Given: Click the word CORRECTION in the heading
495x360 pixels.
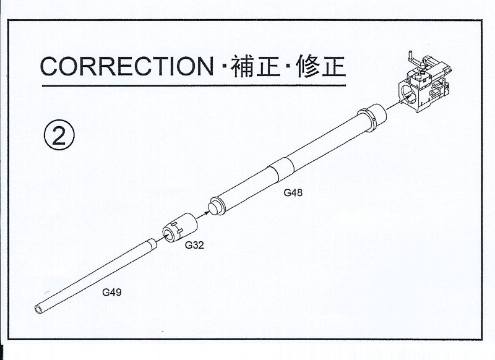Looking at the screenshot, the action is click(127, 66).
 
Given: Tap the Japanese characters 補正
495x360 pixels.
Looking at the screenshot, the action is click(256, 66).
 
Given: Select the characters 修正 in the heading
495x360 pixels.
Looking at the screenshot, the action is click(321, 66).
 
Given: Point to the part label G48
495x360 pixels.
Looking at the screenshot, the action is click(293, 192).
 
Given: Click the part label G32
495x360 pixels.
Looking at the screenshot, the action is click(194, 245).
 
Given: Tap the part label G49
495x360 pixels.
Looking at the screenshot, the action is click(112, 292).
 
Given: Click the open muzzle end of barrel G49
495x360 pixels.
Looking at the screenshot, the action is click(39, 309).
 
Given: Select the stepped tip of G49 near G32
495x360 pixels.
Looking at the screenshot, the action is click(152, 244).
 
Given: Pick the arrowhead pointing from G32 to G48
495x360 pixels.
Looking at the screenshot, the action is click(206, 212).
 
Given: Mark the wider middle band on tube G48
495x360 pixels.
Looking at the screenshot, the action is click(282, 169).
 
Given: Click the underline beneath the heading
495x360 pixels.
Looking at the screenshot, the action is click(194, 85).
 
